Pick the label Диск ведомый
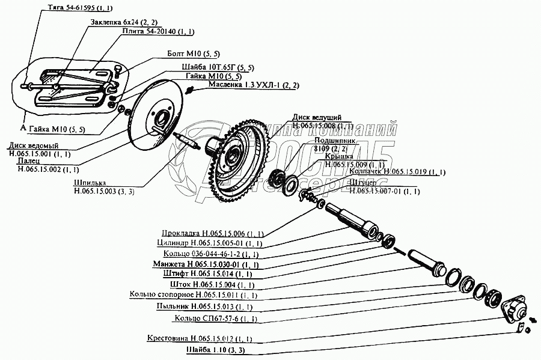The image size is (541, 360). (33, 145)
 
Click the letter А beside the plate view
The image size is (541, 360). (22, 128)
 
